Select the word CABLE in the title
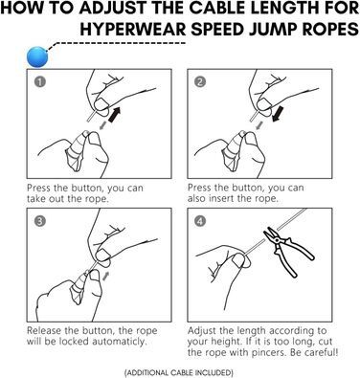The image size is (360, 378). [x=197, y=10]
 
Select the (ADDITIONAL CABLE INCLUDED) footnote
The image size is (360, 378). [x=179, y=367]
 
